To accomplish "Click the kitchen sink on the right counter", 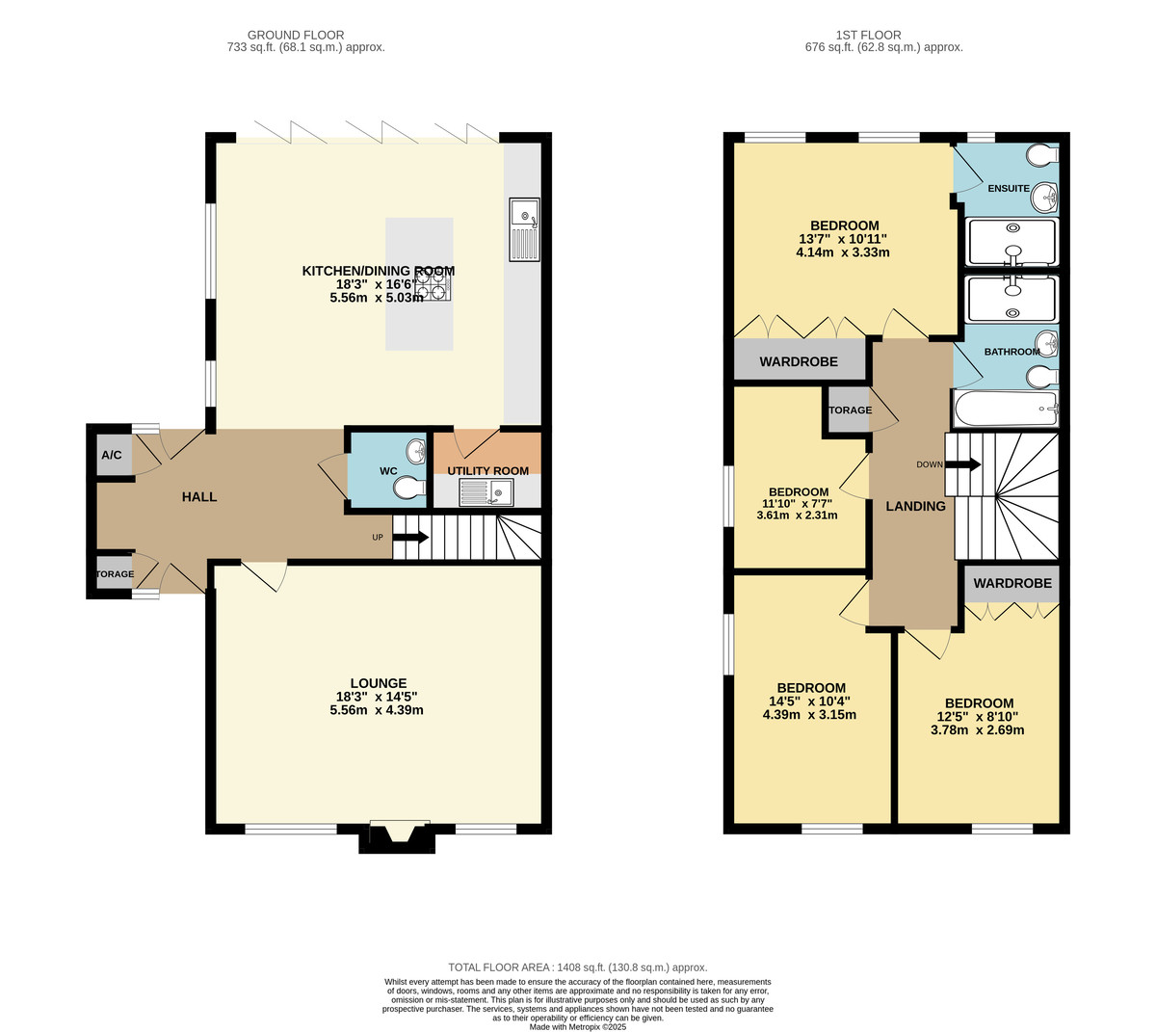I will click(524, 229).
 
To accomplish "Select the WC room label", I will click(388, 471).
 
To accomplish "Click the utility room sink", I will click(487, 493).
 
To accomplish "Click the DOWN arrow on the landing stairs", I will click(961, 464).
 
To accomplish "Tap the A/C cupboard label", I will click(112, 455).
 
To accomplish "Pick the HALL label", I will click(199, 497).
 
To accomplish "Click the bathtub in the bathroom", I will click(1005, 409).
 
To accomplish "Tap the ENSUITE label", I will click(1009, 188).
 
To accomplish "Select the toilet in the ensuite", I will click(1042, 154).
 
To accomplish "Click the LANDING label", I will click(915, 506).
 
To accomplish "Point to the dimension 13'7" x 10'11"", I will click(843, 239).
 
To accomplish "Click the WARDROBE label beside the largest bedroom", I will click(799, 362).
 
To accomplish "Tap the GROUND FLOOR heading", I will click(296, 36).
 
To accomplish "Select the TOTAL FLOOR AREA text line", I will click(578, 967).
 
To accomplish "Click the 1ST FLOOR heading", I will click(883, 36).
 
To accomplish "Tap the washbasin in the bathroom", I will click(1045, 343).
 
